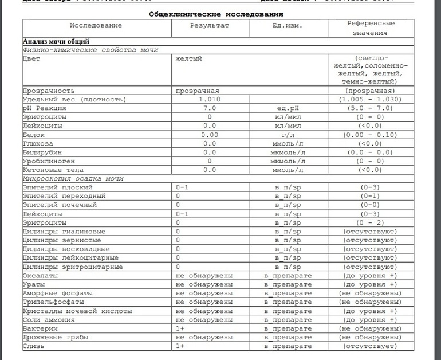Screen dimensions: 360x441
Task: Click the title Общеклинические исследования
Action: click(216, 13)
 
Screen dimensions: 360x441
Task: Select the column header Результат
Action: click(209, 26)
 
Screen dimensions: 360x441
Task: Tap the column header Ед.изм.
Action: click(288, 26)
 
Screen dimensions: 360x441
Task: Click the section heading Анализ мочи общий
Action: click(56, 41)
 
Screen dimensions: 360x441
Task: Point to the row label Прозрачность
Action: click(49, 91)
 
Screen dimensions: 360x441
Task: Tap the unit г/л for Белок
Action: click(288, 134)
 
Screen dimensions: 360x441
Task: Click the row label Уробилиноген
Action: click(49, 161)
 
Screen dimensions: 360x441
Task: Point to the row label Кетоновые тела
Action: click(53, 170)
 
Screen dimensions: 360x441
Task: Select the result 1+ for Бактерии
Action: click(180, 328)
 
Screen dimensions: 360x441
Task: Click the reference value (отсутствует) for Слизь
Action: click(370, 346)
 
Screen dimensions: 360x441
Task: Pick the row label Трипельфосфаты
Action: click(53, 302)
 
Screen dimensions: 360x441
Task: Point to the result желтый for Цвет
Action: click(188, 58)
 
